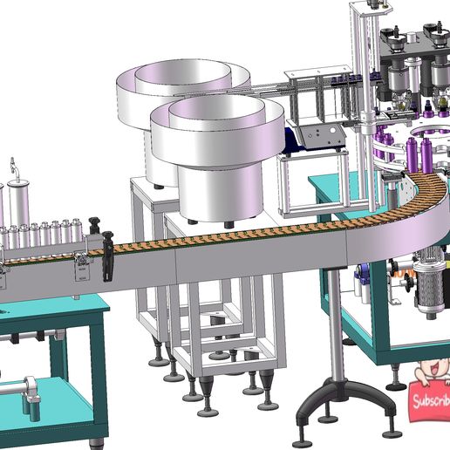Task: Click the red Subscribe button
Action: (x=430, y=402)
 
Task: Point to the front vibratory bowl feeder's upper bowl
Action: (x=217, y=128)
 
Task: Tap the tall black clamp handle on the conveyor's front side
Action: (x=108, y=256)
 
